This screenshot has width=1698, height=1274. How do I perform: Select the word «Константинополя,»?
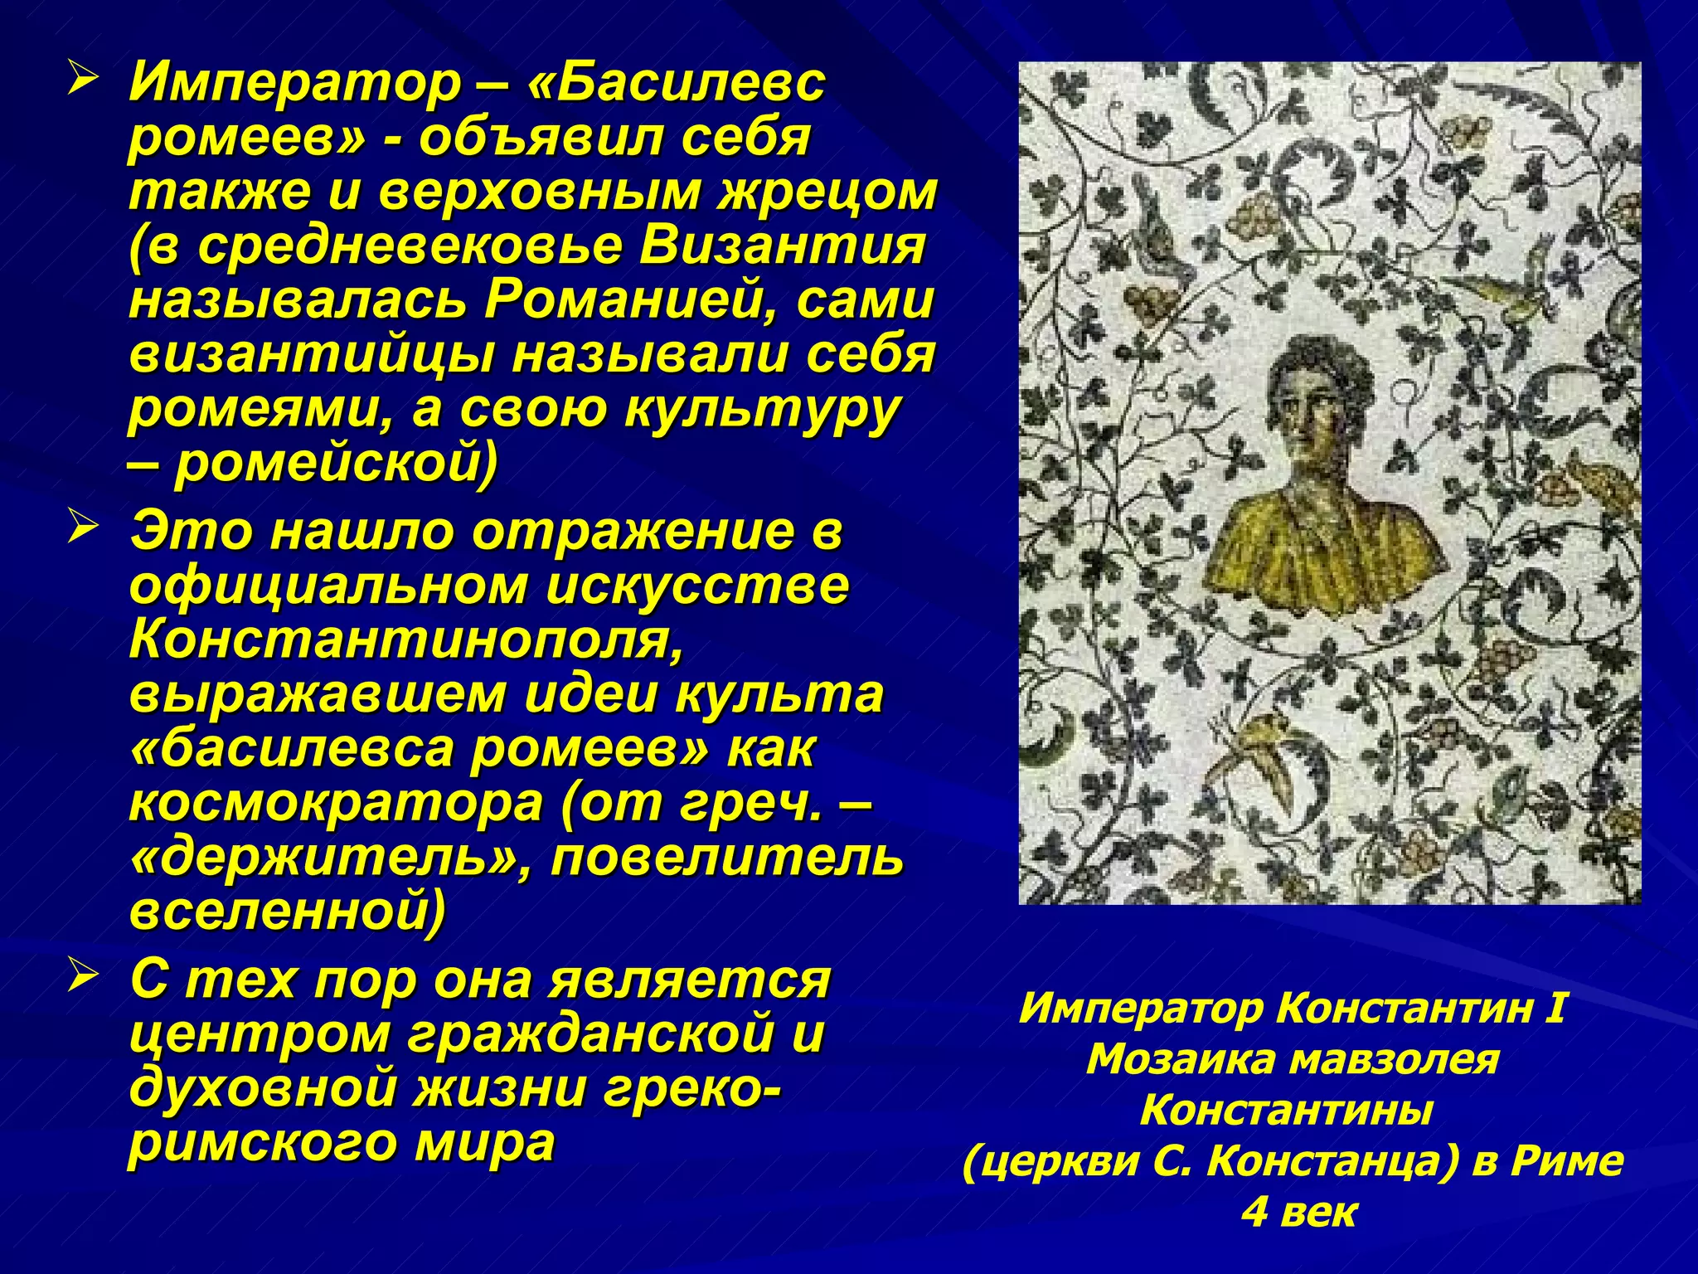click(406, 639)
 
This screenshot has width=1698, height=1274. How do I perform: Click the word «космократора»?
click(335, 802)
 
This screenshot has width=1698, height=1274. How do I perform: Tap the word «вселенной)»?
click(288, 911)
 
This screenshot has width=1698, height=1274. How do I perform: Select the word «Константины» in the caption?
click(1286, 1111)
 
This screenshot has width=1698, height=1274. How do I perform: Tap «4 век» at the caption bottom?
click(1298, 1212)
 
